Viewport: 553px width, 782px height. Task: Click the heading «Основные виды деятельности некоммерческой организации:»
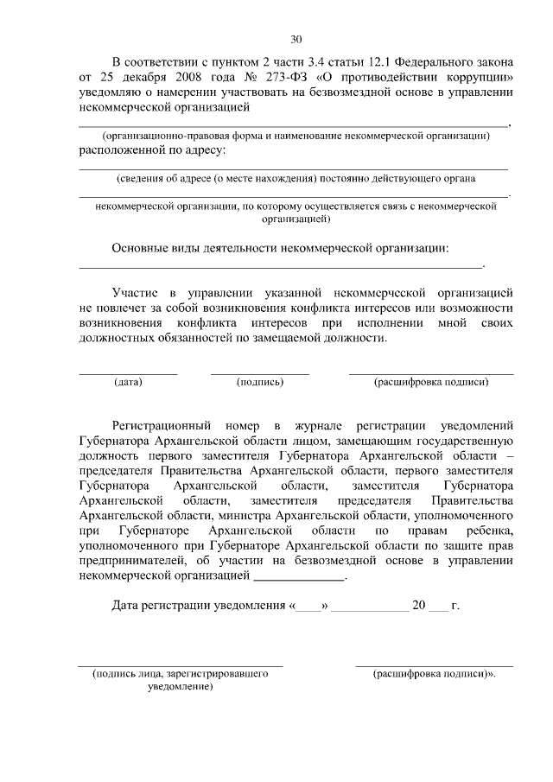(x=281, y=248)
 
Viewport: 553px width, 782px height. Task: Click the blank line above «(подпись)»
(x=260, y=373)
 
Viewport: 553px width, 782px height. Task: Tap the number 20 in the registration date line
(x=420, y=606)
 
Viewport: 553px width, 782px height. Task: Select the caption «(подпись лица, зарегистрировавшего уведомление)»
(x=181, y=678)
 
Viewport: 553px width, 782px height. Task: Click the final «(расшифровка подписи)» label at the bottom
(x=435, y=672)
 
